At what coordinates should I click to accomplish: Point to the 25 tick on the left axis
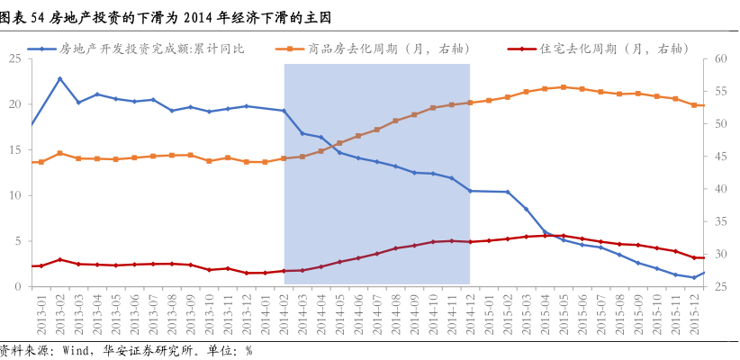coord(15,58)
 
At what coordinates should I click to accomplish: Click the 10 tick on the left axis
coord(15,195)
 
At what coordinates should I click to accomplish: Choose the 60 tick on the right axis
coord(720,58)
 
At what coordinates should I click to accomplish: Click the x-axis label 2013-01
coord(39,310)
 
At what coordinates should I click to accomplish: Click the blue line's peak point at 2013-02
coord(60,79)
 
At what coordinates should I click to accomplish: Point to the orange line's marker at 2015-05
coord(563,87)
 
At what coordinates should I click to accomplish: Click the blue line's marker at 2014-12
coord(470,191)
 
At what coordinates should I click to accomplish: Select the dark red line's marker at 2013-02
coord(60,259)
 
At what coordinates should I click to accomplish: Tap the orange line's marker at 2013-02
coord(60,153)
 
